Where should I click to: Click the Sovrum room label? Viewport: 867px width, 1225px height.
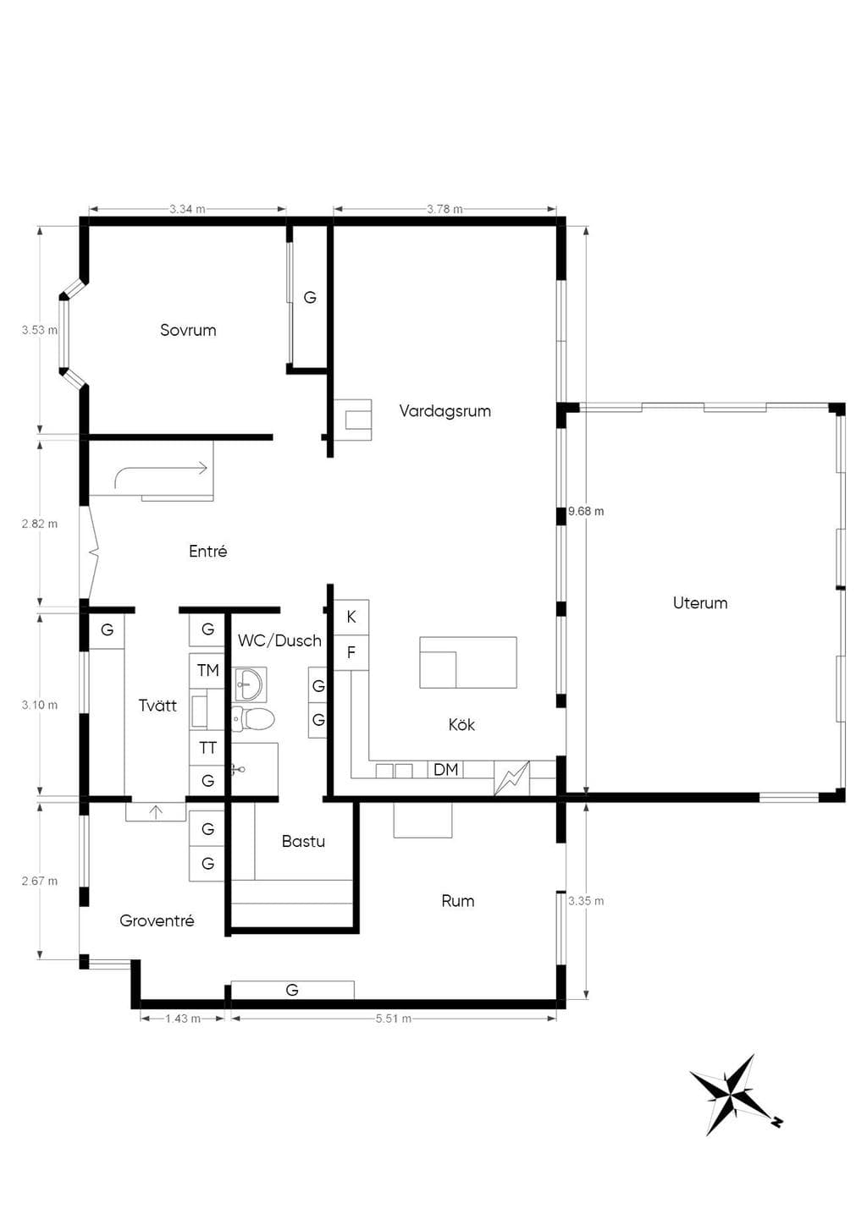[x=188, y=330]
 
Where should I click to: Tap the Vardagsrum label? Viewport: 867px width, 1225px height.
[x=445, y=411]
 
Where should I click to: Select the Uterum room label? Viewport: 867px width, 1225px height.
[x=700, y=603]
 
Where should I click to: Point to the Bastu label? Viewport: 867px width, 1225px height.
[x=303, y=841]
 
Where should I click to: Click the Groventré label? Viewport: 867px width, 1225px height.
[x=157, y=921]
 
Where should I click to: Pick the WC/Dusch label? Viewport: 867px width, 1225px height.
[x=279, y=640]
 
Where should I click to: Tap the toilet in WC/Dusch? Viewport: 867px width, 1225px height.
[x=253, y=718]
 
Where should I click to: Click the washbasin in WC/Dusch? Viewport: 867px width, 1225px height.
[x=250, y=684]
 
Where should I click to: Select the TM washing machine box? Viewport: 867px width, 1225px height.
[x=207, y=671]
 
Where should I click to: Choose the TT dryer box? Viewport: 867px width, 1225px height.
[x=207, y=748]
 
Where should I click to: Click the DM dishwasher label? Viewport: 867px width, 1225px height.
[x=445, y=770]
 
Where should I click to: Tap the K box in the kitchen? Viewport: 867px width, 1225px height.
[x=351, y=618]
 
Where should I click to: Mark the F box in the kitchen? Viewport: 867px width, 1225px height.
[x=351, y=652]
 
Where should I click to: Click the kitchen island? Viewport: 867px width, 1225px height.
[x=468, y=662]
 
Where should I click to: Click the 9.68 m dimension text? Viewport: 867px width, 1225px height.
[x=586, y=511]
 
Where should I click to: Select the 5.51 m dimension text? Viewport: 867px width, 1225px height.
[x=394, y=1019]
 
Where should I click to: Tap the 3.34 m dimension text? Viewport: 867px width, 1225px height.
[x=187, y=209]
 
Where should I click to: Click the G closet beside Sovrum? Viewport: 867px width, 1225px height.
[x=310, y=298]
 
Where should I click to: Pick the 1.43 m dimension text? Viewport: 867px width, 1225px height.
[x=183, y=1019]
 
